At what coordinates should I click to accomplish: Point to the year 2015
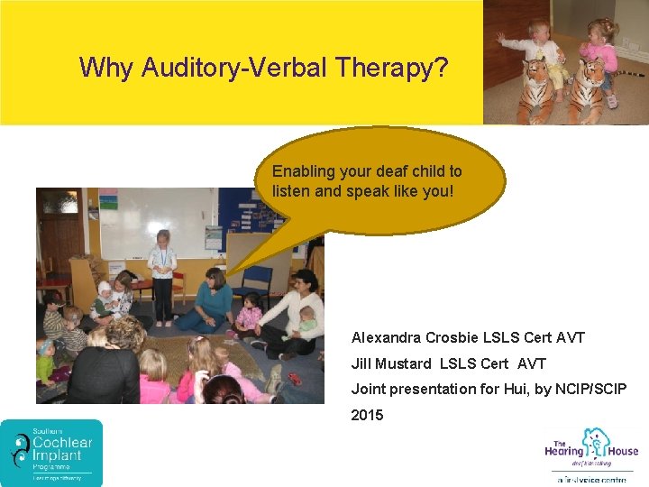pos(367,415)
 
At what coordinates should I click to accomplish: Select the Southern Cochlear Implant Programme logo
pos(51,453)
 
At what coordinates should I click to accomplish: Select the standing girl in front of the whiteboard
pos(162,275)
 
